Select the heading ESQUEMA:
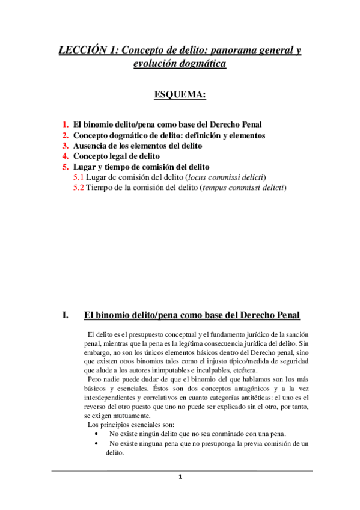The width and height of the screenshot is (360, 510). (x=180, y=94)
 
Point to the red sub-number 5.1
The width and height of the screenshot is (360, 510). (x=78, y=177)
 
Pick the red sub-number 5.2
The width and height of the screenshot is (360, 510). (x=78, y=188)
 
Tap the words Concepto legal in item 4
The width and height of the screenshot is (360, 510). (x=102, y=156)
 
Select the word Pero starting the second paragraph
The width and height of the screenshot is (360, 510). (x=97, y=381)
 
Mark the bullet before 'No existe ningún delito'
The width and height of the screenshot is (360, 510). (x=98, y=434)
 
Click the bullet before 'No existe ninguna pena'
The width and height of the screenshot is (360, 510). (x=98, y=444)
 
